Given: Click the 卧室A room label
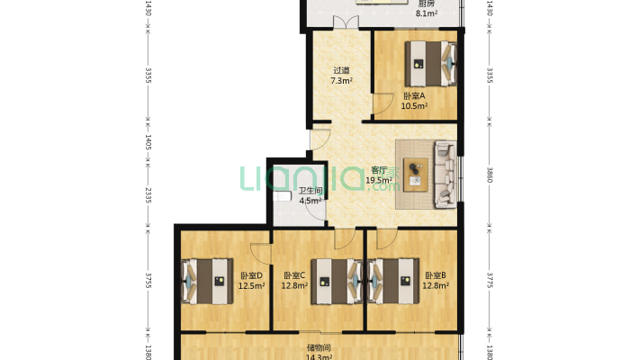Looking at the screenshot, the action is coord(414,95).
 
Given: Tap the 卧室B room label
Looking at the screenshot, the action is coord(436,275).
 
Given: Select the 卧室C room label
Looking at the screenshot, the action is coord(294,275).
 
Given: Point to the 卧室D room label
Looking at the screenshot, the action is coord(251,275).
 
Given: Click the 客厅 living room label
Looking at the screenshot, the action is coord(379,170).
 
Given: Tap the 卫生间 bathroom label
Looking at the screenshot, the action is coord(310,191).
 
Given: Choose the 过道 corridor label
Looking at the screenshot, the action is coord(341,70).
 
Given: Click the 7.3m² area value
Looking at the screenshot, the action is coord(341,80).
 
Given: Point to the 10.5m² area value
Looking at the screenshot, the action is coord(414,106).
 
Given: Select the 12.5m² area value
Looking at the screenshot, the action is coord(251,285).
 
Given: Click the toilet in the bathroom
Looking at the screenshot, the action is coord(282,196).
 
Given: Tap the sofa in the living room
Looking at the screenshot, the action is coord(445,174).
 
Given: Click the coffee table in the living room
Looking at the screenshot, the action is coord(416,175).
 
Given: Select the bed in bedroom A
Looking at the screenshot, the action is coord(430,64).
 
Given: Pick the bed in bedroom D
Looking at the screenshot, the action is coord(207,282).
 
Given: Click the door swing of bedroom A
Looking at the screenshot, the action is coord(383,104).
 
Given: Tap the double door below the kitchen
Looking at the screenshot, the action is coord(346,22).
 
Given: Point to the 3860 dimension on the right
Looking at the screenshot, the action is coord(490,175).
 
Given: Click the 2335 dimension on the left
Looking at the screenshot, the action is coord(148,195).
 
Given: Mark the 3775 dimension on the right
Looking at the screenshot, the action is coord(490,281).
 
